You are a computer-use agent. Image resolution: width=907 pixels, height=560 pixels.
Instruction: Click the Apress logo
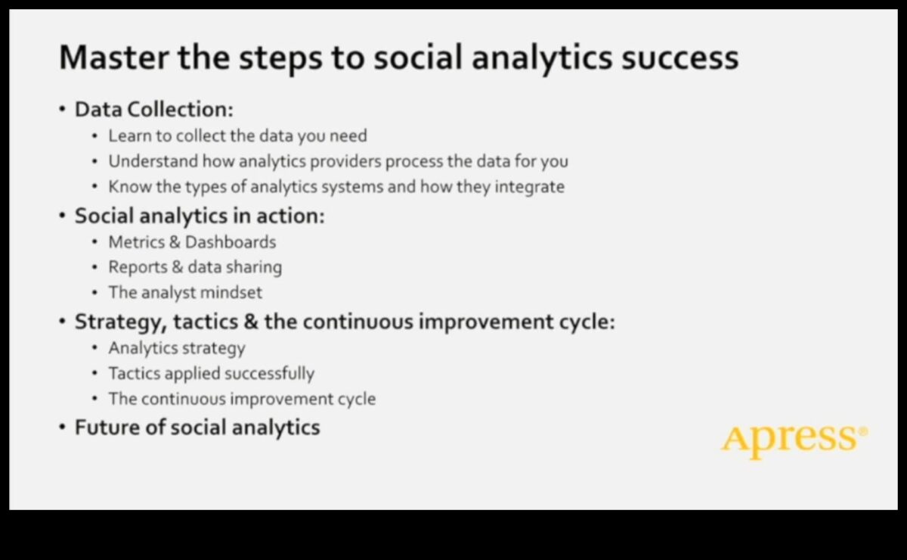[790, 439]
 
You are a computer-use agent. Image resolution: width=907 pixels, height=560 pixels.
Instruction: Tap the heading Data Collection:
[153, 110]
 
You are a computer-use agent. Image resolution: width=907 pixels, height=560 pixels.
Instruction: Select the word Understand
[153, 161]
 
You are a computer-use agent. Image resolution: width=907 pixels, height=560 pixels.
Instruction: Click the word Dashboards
[231, 242]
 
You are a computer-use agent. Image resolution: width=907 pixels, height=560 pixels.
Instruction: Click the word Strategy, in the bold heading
[119, 322]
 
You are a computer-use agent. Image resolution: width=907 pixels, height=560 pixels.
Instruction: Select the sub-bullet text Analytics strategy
[177, 348]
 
